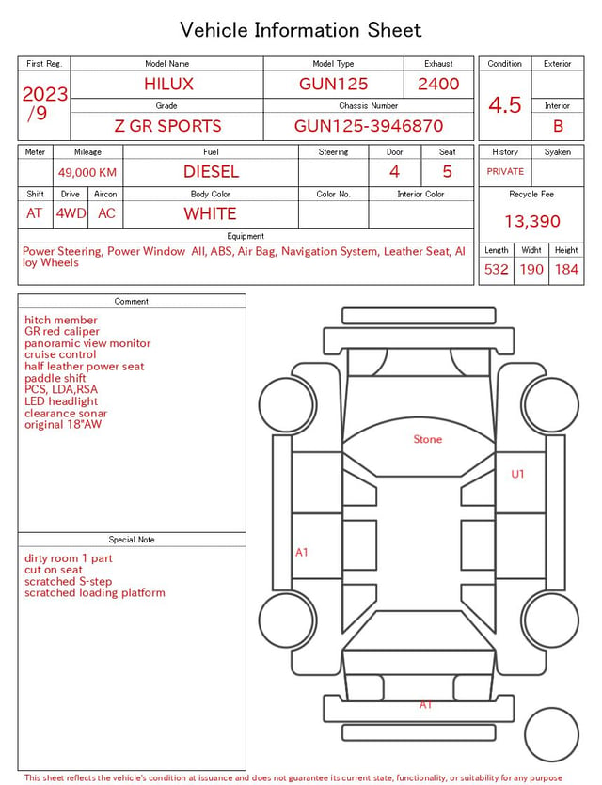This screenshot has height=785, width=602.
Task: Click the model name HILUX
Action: pos(168,84)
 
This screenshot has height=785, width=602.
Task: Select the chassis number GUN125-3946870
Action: pos(369,126)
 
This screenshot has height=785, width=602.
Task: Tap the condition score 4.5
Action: pos(505,104)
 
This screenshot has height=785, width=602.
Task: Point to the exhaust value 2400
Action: pos(438,84)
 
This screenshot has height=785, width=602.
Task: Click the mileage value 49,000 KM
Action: pos(87,173)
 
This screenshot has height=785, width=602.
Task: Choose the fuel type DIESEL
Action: pos(211,172)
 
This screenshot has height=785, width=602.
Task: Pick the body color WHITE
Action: pos(210,213)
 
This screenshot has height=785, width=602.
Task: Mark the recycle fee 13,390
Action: pos(531,221)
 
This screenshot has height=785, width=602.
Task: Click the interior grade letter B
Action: pos(558,126)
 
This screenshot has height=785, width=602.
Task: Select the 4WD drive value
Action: pos(71,213)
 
